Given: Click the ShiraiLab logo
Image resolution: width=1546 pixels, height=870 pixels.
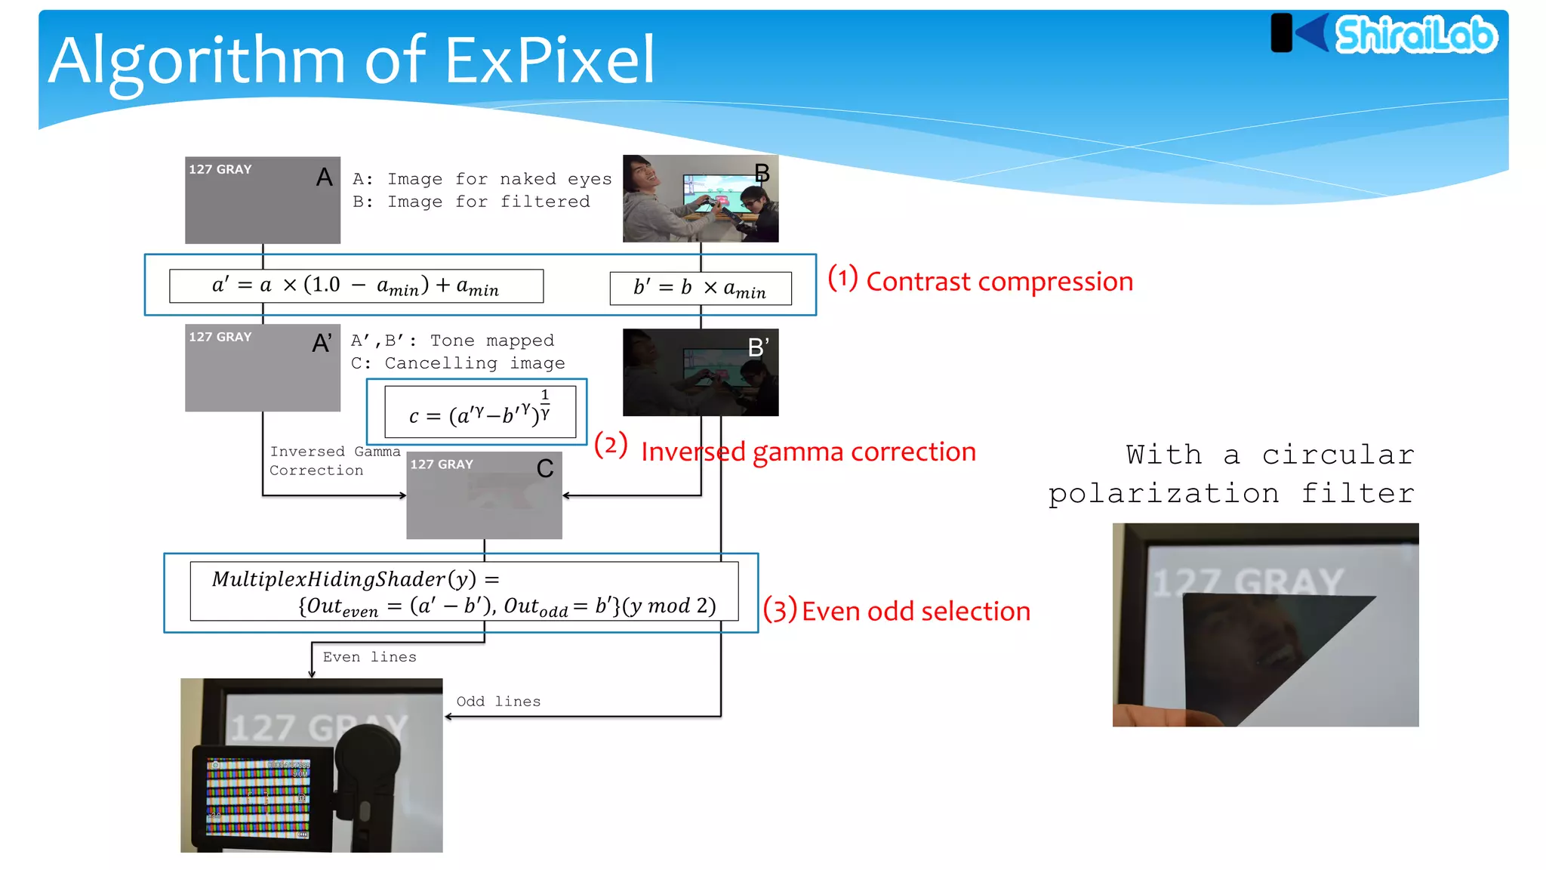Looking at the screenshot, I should (1385, 34).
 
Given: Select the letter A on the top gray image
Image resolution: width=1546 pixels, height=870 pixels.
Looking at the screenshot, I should (324, 177).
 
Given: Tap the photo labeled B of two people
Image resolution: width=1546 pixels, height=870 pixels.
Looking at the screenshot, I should (700, 199).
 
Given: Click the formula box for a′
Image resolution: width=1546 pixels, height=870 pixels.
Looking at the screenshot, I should (356, 286).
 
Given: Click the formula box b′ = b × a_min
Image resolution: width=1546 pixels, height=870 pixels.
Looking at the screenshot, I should (700, 288).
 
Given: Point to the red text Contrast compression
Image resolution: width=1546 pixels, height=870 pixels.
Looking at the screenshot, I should (999, 282).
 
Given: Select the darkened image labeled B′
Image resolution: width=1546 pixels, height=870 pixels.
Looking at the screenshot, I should (700, 372).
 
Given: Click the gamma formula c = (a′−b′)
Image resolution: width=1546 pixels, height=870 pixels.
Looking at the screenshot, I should (480, 412).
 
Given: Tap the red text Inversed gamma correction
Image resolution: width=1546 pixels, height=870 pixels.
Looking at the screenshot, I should (808, 452).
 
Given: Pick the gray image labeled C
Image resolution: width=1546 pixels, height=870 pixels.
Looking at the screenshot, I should (484, 495).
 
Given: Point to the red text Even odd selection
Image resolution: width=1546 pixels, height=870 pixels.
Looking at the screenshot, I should (915, 611).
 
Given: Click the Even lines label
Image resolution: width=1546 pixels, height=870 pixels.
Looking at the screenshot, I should (369, 657).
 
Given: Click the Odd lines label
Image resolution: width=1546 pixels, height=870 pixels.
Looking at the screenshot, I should (498, 702).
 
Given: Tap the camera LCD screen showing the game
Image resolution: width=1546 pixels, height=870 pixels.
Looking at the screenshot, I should (258, 797).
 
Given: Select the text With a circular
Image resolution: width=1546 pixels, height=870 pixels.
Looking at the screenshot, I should (1270, 455).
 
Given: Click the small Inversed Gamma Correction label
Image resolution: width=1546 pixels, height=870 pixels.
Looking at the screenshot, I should (334, 461).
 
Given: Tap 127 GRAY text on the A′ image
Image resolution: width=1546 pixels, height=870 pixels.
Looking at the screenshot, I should (220, 338).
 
